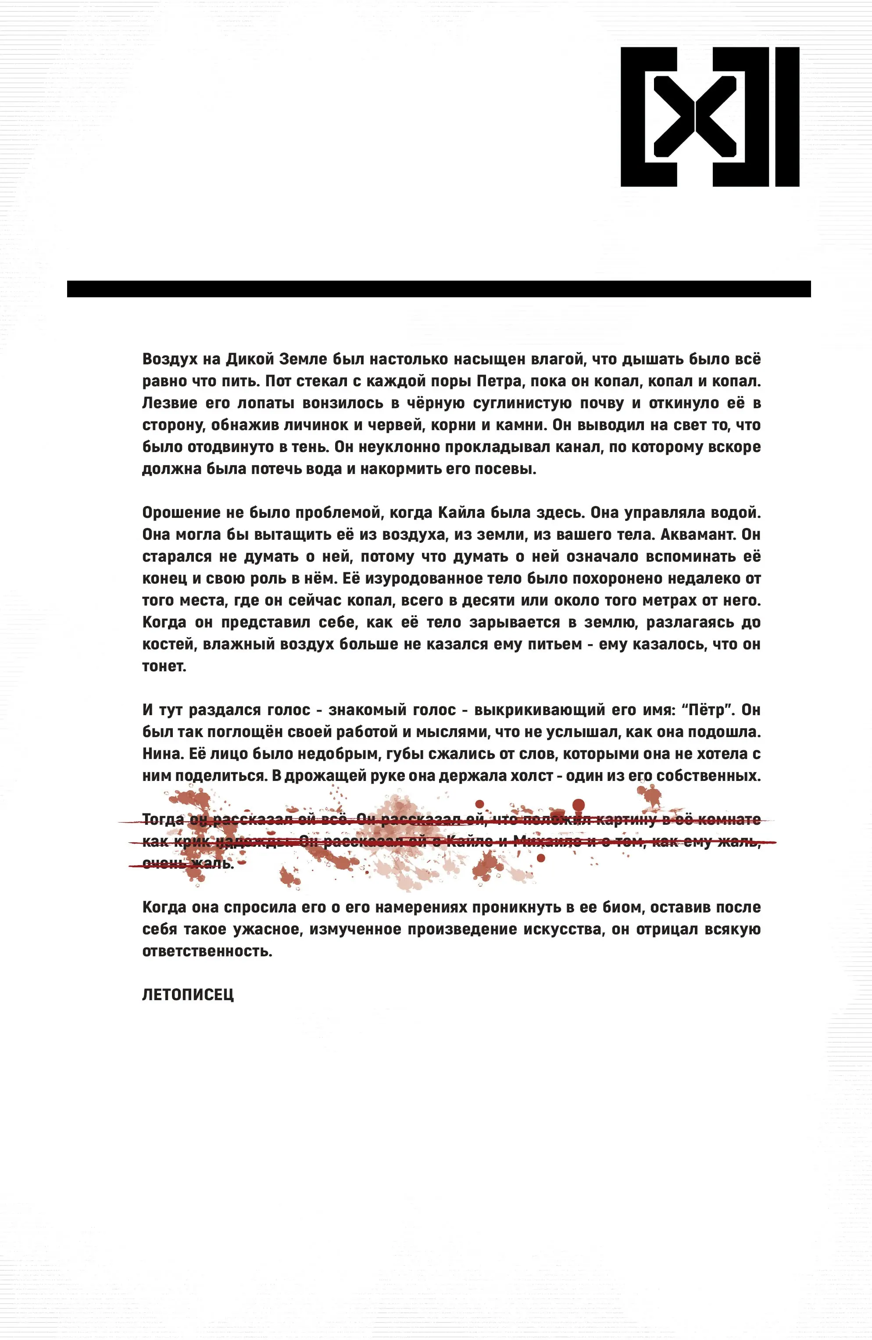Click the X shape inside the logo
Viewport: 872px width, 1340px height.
pos(695,117)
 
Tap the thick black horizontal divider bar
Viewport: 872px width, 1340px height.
pos(438,289)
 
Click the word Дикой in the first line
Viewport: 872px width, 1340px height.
pos(248,359)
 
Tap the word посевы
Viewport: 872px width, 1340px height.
pos(507,469)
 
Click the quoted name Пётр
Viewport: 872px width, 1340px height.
pos(708,710)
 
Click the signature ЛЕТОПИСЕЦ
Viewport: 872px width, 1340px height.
pos(188,995)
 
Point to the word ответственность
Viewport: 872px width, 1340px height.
pos(207,951)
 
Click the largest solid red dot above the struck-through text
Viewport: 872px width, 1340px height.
pos(579,805)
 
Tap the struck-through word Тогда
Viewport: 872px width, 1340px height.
pos(163,820)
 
